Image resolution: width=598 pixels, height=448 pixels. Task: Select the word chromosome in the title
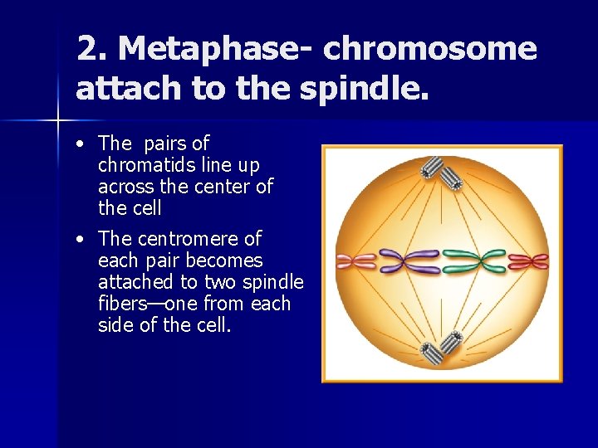click(x=430, y=50)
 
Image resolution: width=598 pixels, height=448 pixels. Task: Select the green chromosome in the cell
click(x=473, y=262)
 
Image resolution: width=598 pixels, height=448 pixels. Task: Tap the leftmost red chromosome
click(x=355, y=262)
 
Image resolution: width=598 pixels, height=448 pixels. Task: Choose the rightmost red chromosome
click(x=529, y=262)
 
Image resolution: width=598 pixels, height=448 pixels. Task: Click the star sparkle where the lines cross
click(x=58, y=121)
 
